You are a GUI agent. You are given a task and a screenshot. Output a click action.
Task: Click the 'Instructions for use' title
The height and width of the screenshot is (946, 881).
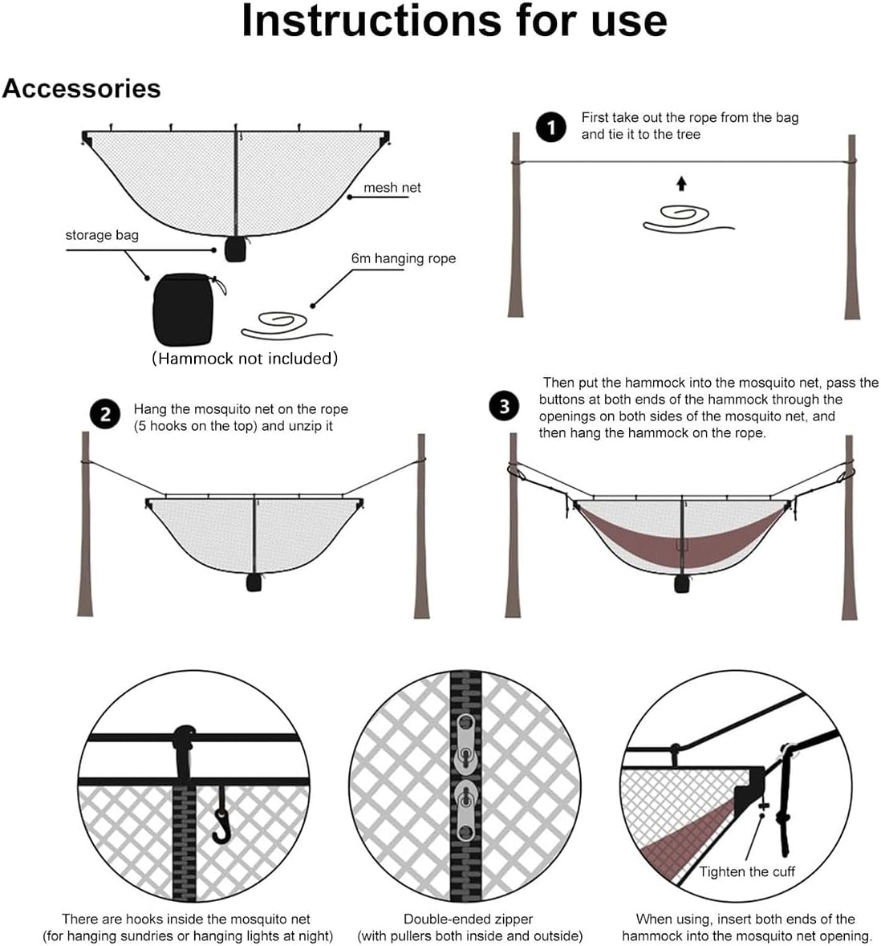pos(454,22)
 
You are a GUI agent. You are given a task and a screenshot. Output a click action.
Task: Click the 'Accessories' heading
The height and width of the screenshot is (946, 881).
pos(81,88)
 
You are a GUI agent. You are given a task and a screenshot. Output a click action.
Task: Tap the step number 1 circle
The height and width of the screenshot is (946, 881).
pos(550,127)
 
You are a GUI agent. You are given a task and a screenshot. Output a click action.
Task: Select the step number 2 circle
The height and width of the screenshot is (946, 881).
pos(105,416)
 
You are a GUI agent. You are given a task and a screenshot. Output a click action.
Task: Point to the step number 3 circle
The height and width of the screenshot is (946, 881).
pos(503,406)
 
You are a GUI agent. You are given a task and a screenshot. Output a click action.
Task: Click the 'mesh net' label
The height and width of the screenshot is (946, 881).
pos(392,188)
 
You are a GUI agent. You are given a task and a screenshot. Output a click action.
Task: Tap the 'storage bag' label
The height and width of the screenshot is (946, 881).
pos(102,235)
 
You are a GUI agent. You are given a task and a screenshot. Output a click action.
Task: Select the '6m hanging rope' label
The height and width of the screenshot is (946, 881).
pos(403,258)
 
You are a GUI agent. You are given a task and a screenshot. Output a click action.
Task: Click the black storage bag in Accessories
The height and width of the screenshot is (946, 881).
pos(183,309)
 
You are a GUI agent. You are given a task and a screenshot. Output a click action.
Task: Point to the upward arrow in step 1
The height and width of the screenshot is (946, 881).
pos(681,185)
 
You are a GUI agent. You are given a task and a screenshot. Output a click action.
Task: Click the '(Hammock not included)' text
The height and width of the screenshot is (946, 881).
pos(245,359)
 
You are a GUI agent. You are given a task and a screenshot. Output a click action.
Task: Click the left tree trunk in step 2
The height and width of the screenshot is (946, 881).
pos(86,526)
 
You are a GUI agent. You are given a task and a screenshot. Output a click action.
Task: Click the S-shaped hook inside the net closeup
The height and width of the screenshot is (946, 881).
pos(220,817)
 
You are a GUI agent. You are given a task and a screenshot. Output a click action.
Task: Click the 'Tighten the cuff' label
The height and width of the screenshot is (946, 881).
pos(746,872)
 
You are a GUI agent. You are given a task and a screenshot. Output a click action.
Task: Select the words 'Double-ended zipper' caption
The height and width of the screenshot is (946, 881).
pos(468,920)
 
